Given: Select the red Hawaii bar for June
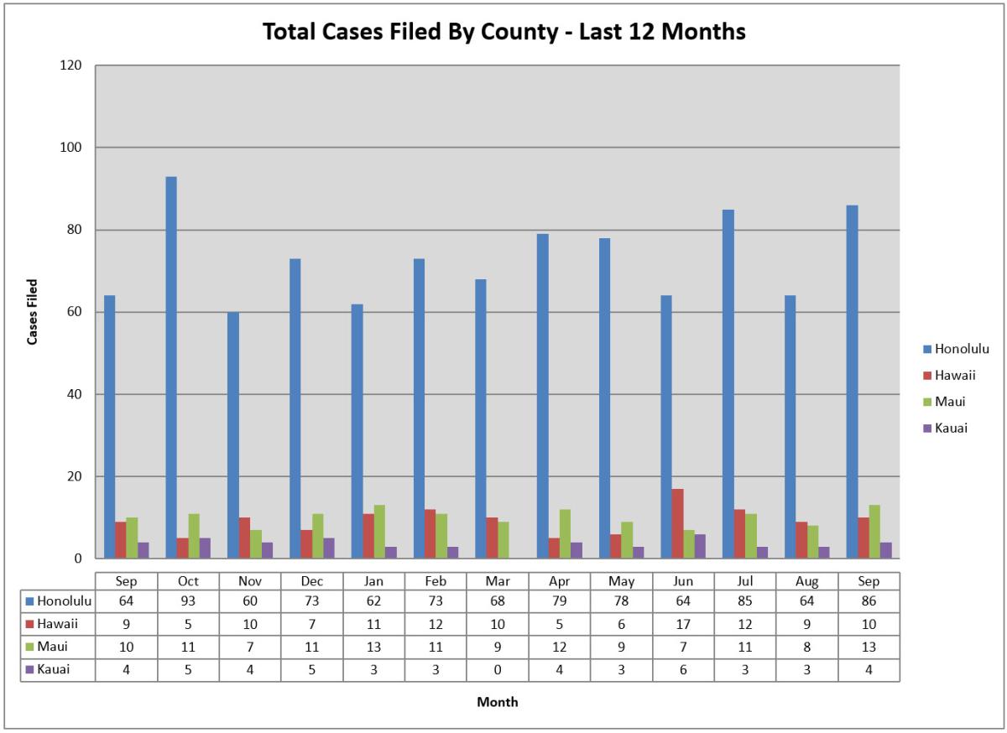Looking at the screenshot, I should pos(677,523).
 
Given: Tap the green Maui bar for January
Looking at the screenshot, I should pos(379,532).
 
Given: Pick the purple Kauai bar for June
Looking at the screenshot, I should pos(700,546).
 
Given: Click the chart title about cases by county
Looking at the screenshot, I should pos(504,32).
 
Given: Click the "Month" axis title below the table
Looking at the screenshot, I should pos(498,702).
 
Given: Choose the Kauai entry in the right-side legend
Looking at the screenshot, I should pos(951,428).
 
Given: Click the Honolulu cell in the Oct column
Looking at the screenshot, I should pos(188,601).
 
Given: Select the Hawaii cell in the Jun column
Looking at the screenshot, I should pos(683,624).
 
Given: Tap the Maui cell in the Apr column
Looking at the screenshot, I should pos(560,647).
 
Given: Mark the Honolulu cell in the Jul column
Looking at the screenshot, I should pos(745,601).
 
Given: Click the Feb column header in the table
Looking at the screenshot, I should pos(436,580).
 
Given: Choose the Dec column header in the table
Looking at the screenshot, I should pos(312,580).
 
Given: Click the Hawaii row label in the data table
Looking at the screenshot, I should pos(58,624).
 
